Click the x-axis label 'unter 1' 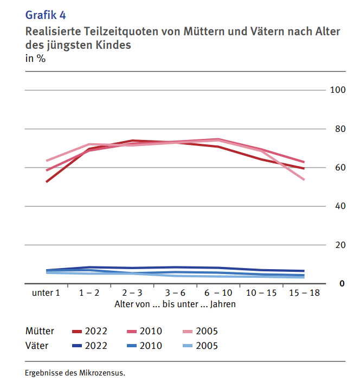pos(46,293)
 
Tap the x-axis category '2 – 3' pos(131,293)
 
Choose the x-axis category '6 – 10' pos(217,293)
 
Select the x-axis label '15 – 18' pos(304,293)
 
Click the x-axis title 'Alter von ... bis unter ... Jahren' pos(175,304)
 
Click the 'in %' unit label pos(35,59)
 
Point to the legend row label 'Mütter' pos(40,331)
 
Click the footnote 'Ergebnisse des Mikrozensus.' pos(75,373)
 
